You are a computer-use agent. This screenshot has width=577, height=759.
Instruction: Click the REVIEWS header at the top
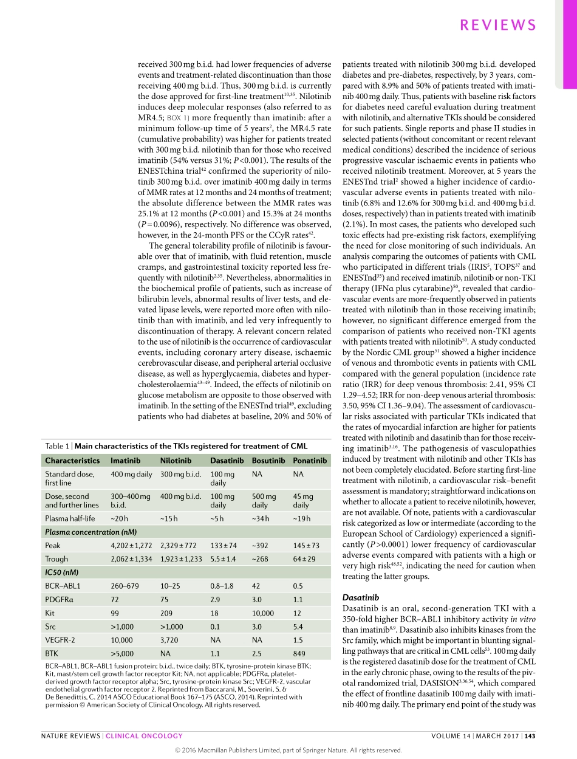click(x=498, y=25)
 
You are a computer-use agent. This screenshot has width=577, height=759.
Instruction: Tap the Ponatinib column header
click(x=310, y=461)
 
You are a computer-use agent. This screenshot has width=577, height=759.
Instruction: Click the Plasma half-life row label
click(x=70, y=518)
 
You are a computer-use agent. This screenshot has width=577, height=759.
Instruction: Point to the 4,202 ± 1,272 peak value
click(x=131, y=546)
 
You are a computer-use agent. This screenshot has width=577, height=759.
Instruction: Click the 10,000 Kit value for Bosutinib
click(x=263, y=613)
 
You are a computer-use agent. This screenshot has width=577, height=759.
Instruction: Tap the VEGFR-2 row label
click(x=61, y=641)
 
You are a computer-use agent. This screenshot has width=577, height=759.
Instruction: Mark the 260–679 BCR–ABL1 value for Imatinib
click(x=125, y=586)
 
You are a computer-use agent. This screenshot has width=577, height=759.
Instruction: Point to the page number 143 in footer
click(x=530, y=736)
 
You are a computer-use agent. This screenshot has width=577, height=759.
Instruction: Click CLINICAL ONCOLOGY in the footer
click(x=144, y=736)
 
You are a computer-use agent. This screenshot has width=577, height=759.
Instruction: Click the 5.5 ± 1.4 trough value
click(x=223, y=559)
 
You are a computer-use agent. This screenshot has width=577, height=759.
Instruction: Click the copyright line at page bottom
click(x=288, y=750)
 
